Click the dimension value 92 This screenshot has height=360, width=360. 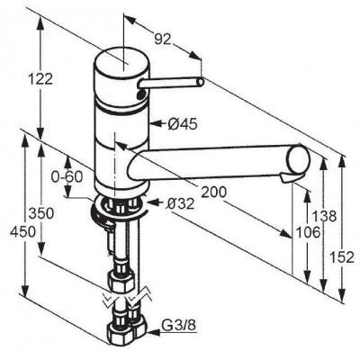(162, 39)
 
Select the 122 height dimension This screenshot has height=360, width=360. (40, 79)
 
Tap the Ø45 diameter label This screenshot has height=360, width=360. (183, 123)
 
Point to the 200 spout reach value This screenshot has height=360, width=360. (213, 192)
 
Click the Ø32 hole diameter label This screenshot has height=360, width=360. (181, 204)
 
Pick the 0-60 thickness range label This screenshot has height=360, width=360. (67, 177)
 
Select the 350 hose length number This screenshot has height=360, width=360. (41, 213)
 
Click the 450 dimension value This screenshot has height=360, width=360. (22, 232)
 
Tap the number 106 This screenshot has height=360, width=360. (308, 232)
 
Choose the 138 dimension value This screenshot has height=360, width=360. (324, 216)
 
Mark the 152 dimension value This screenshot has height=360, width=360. (342, 257)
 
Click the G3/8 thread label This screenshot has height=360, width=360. (179, 325)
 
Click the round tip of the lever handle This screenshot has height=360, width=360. (201, 81)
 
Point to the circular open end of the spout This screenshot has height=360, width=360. (299, 158)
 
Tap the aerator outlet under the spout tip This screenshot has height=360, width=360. (288, 178)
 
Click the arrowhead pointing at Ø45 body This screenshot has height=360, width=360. (156, 123)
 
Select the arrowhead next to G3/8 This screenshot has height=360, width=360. (151, 332)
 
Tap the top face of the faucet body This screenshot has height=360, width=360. (121, 62)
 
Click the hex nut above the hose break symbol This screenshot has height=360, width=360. (121, 281)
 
